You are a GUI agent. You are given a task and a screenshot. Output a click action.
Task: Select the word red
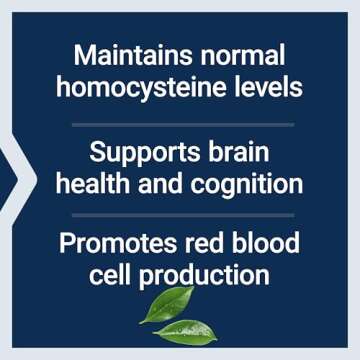207,244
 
